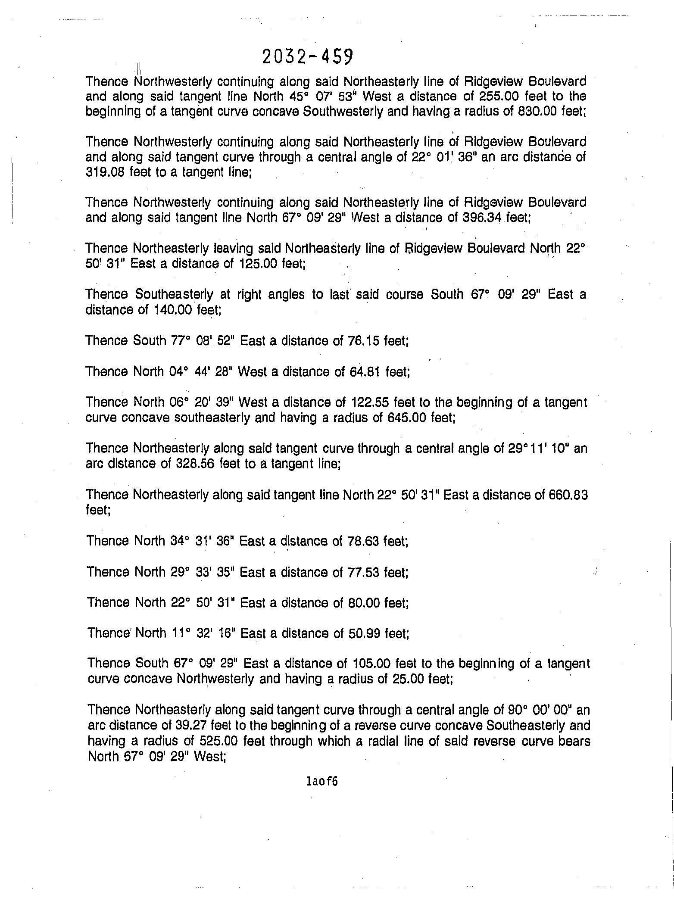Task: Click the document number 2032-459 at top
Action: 307,56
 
